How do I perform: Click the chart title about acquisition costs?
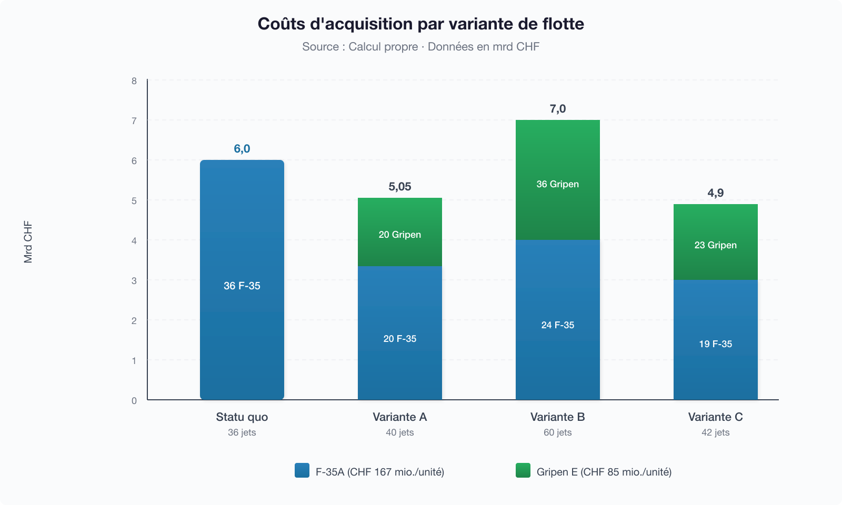point(420,24)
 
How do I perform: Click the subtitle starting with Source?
point(420,46)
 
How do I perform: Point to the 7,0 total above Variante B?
point(558,109)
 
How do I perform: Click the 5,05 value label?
point(400,187)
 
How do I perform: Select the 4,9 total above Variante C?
point(716,193)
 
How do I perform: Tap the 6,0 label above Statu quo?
point(242,149)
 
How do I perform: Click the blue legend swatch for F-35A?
point(302,470)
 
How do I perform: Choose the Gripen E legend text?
point(604,472)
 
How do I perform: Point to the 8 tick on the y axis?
point(134,81)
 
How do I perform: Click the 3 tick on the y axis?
point(134,281)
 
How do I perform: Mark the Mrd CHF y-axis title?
point(28,242)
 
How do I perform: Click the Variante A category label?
point(400,417)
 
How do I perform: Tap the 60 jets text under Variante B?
point(558,432)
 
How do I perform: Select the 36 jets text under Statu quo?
point(242,432)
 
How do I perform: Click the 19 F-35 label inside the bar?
point(716,344)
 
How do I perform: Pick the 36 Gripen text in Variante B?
point(558,184)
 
